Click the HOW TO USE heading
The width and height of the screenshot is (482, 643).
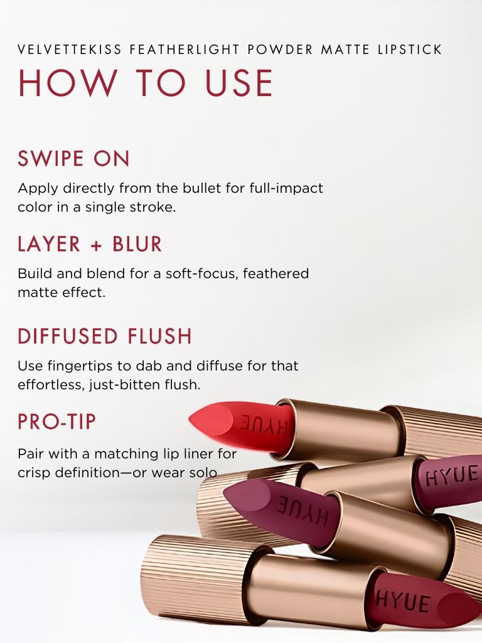pyautogui.click(x=146, y=84)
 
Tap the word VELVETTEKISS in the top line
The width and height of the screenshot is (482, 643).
pyautogui.click(x=70, y=50)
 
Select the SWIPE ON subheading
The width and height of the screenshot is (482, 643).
pyautogui.click(x=73, y=159)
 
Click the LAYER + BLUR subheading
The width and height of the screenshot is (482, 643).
pyautogui.click(x=90, y=244)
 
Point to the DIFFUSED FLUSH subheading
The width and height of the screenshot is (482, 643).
pyautogui.click(x=105, y=336)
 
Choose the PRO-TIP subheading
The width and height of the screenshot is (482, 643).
pyautogui.click(x=56, y=421)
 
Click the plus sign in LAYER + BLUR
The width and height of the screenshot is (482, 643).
pyautogui.click(x=96, y=246)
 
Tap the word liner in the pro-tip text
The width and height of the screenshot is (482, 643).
pyautogui.click(x=202, y=453)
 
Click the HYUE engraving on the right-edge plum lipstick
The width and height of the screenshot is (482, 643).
pyautogui.click(x=452, y=476)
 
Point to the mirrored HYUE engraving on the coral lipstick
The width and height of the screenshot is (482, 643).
pyautogui.click(x=264, y=425)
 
